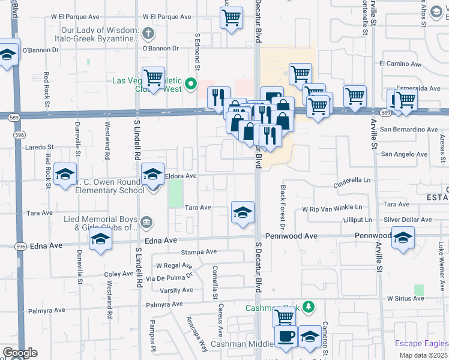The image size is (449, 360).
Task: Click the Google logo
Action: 20,353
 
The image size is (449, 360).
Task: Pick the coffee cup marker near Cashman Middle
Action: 286,337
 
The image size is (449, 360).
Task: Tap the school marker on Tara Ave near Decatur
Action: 243,212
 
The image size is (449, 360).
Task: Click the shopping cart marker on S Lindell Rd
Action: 154,77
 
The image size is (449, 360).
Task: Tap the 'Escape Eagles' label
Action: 421,344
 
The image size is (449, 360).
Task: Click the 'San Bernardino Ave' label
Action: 408,129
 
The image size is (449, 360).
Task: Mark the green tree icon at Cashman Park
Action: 309,307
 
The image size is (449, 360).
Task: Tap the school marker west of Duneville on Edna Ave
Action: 100,241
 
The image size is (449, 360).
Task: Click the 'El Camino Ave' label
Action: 400,64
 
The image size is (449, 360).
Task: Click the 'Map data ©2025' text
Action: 424,355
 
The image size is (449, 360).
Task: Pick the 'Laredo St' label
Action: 38,146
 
